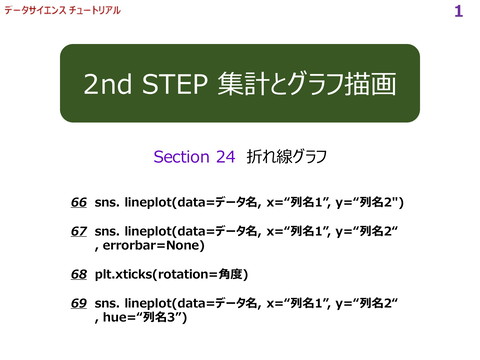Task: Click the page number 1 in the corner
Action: click(458, 12)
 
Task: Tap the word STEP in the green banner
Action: click(176, 84)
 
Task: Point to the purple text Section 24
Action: click(194, 157)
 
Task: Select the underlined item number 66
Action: click(79, 203)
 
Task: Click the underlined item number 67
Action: click(79, 231)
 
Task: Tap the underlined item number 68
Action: click(79, 273)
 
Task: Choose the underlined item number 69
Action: click(79, 301)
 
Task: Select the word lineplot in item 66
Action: click(147, 203)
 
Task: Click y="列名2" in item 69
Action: click(366, 301)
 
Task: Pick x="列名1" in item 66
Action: click(306, 203)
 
